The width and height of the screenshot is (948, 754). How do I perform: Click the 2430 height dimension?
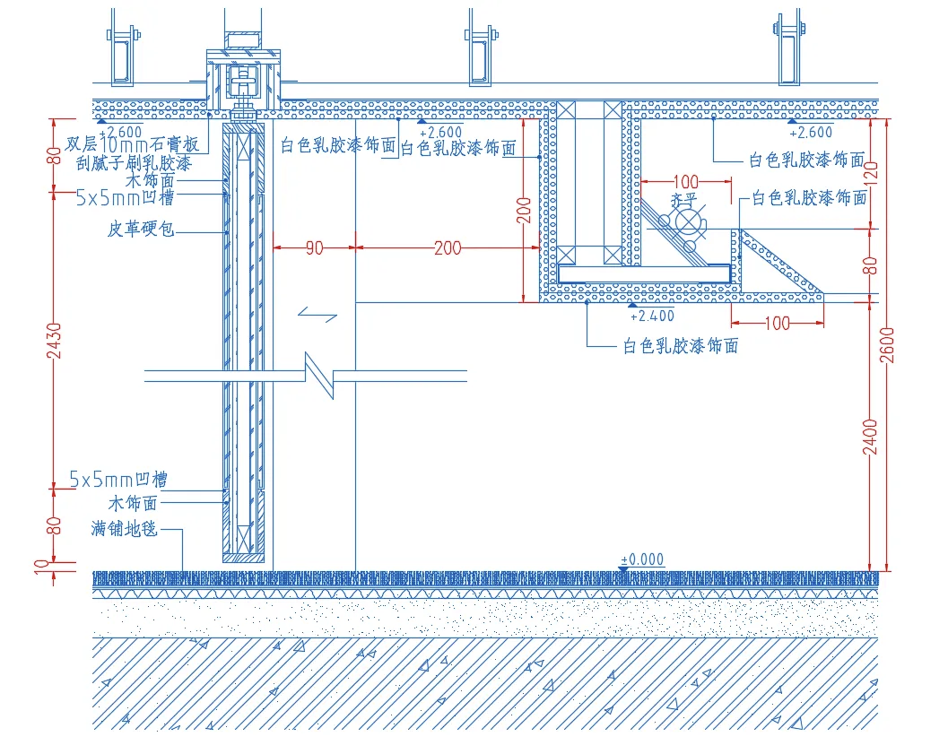tap(57, 340)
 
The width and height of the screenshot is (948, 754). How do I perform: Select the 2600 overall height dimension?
tap(888, 344)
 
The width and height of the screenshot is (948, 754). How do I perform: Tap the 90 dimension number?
tap(314, 248)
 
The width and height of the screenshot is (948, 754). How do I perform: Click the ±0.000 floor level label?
tap(642, 559)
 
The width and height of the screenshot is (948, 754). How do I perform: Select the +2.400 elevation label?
tap(652, 316)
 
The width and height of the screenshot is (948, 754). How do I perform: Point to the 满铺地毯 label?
tap(125, 528)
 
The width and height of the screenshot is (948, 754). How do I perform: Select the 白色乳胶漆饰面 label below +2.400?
tap(680, 346)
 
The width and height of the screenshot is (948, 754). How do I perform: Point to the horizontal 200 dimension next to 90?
tap(448, 248)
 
